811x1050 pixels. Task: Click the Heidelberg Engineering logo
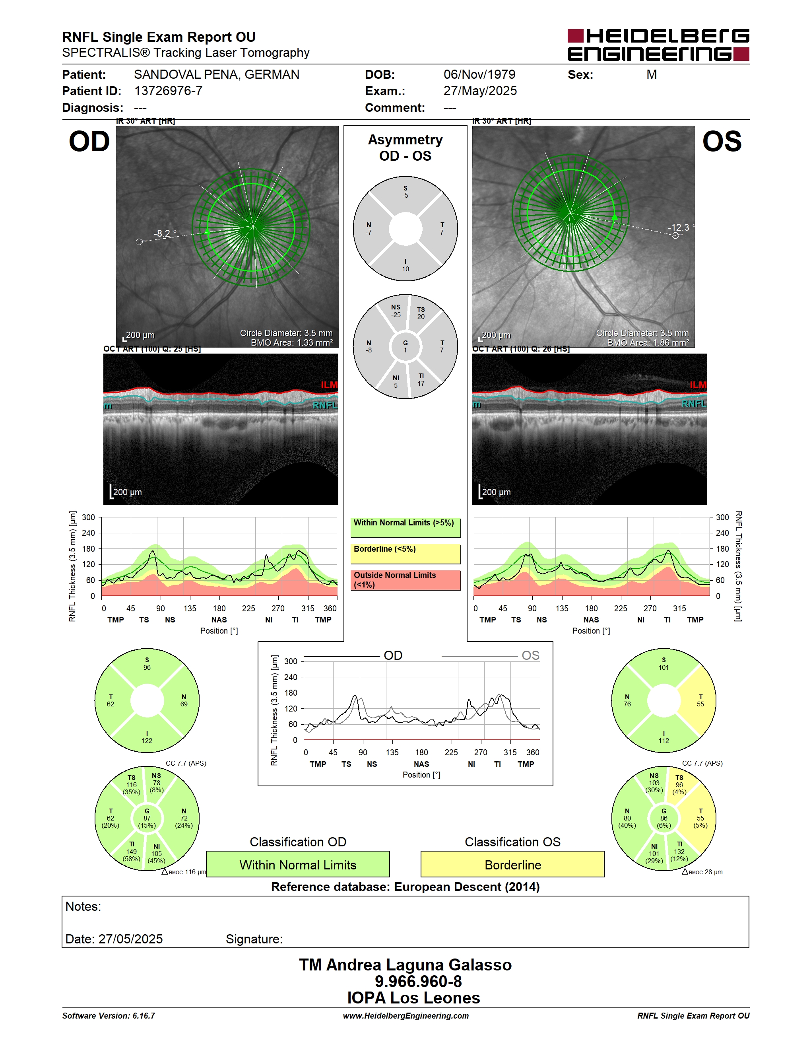tap(658, 45)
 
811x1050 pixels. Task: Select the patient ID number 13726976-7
tap(168, 91)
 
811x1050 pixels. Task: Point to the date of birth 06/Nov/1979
tap(479, 74)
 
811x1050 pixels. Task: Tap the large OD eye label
tap(89, 142)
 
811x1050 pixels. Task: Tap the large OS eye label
tap(722, 142)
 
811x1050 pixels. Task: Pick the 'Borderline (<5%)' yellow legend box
tap(405, 554)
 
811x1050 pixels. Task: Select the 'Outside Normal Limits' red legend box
tap(405, 580)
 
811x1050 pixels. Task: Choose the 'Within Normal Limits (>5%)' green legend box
tap(405, 527)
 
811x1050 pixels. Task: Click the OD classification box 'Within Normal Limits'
tap(298, 864)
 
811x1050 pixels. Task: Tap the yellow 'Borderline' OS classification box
tap(513, 864)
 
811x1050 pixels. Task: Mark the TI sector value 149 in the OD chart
tap(132, 852)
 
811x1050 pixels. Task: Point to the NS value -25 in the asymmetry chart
tap(396, 315)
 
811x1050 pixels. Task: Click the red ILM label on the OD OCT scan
tap(329, 385)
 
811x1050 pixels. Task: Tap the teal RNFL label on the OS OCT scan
tap(694, 404)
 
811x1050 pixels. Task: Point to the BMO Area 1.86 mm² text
tap(648, 343)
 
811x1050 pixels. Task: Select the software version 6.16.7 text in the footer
tap(109, 1016)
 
